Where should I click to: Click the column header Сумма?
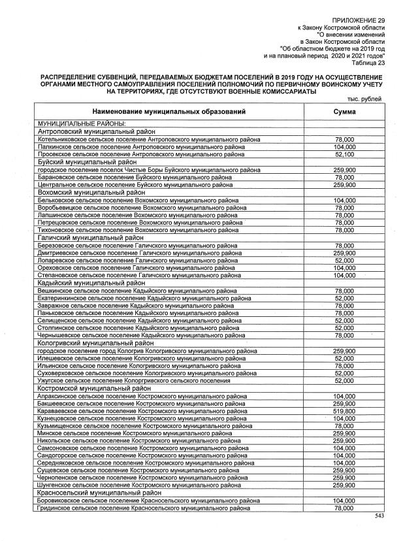tap(344, 112)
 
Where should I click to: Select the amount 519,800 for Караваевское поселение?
tap(344, 412)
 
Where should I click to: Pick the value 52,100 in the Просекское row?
tap(344, 154)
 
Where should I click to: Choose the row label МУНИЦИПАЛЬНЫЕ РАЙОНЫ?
tap(82, 124)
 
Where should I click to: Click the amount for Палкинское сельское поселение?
tap(344, 147)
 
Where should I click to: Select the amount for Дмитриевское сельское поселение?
tap(344, 253)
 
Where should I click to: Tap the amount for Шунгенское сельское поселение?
tap(344, 485)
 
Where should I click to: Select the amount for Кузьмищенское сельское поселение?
tap(344, 425)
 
